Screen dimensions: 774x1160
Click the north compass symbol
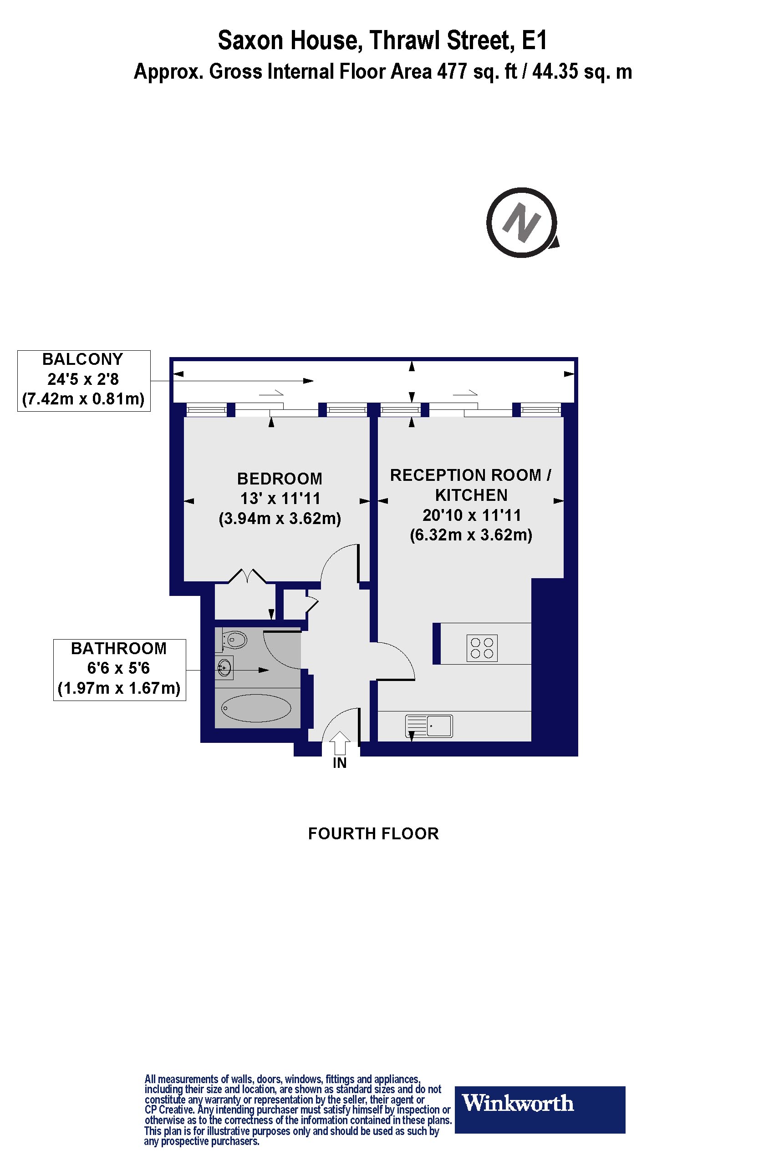pyautogui.click(x=523, y=222)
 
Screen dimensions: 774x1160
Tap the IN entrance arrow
pyautogui.click(x=339, y=743)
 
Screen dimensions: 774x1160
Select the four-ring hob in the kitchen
pyautogui.click(x=482, y=648)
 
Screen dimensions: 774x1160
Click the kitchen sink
pyautogui.click(x=429, y=726)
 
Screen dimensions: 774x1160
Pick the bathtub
pyautogui.click(x=256, y=708)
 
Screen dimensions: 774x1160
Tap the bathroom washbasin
pyautogui.click(x=224, y=668)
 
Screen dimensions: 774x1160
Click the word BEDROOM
pyautogui.click(x=280, y=479)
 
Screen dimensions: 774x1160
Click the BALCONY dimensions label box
pyautogui.click(x=84, y=381)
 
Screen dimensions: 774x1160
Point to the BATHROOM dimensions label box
pyautogui.click(x=119, y=670)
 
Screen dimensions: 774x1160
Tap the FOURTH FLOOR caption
pyautogui.click(x=373, y=833)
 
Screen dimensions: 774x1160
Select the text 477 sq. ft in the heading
pyautogui.click(x=477, y=72)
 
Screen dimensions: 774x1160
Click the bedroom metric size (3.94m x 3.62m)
pyautogui.click(x=280, y=519)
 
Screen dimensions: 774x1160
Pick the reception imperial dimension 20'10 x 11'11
pyautogui.click(x=472, y=515)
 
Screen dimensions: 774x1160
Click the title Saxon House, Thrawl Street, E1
pyautogui.click(x=383, y=40)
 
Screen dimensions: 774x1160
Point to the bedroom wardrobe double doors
pyautogui.click(x=247, y=575)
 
